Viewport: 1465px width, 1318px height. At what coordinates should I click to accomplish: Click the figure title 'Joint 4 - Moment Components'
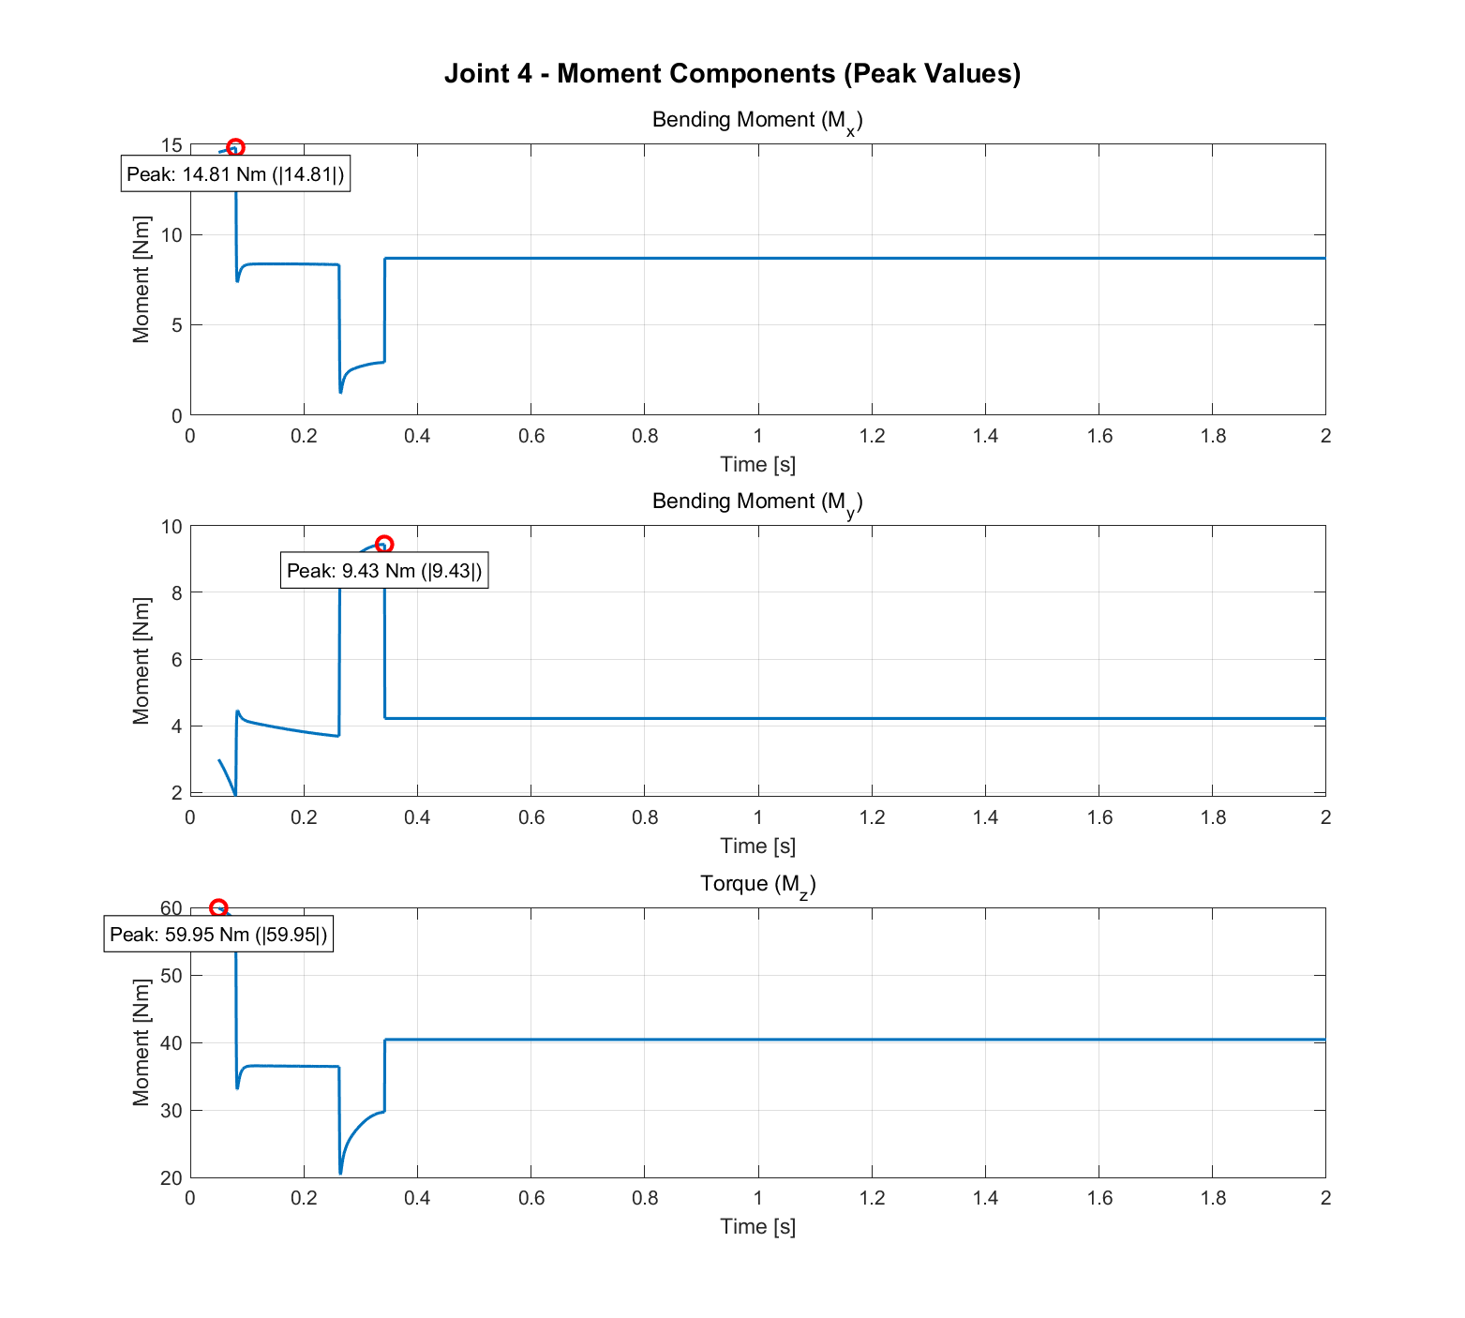coord(732,74)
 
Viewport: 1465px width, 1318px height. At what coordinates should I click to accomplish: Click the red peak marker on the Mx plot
coord(235,147)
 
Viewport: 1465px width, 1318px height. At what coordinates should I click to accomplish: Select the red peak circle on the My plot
coord(383,544)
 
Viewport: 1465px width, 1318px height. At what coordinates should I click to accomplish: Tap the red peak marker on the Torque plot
coord(218,907)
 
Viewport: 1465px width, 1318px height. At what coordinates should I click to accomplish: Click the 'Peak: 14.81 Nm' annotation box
coord(235,174)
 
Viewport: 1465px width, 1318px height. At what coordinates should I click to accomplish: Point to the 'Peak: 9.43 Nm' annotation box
coord(384,571)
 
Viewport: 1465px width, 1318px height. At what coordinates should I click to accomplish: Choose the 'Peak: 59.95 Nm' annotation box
coord(218,935)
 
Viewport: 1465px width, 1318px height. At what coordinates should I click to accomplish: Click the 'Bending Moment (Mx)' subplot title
coord(757,121)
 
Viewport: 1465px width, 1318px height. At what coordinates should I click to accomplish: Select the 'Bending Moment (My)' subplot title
coord(757,502)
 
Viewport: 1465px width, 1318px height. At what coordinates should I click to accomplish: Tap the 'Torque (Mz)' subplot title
coord(757,885)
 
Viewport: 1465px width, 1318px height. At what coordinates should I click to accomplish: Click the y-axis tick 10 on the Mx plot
coord(172,235)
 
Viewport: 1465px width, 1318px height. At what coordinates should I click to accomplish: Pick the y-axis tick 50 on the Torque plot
coord(172,976)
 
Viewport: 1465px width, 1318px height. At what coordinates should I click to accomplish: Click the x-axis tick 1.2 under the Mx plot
coord(872,436)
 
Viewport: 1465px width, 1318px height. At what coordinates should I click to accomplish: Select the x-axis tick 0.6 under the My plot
coord(531,817)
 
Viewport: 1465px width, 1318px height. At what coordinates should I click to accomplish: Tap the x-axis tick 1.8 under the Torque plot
coord(1213,1198)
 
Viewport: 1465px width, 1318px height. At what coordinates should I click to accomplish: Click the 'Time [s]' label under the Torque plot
coord(757,1226)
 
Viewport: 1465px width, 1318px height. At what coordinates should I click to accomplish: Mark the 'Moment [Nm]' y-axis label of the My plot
coord(142,660)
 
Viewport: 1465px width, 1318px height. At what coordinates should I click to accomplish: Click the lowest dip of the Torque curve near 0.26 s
coord(340,1173)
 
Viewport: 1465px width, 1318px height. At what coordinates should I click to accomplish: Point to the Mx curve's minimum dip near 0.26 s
coord(340,392)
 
